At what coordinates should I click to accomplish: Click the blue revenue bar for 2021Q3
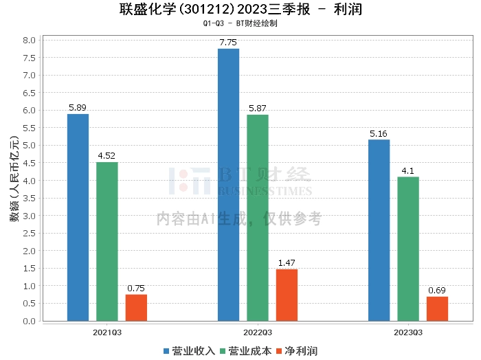point(78,217)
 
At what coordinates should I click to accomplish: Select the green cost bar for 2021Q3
point(107,241)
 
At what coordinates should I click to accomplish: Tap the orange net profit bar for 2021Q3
point(136,308)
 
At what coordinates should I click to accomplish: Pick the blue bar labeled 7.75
point(228,185)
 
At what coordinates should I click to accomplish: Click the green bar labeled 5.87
point(258,218)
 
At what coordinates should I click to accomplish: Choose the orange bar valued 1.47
point(287,295)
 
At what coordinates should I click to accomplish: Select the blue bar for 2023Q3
point(379,230)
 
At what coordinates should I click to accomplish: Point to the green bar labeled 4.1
point(408,249)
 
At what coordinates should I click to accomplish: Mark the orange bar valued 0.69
point(437,308)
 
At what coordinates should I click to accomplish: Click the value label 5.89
point(78,108)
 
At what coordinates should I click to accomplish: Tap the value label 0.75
point(136,289)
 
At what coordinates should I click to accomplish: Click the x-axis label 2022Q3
point(258,332)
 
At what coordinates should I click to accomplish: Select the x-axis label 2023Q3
point(408,332)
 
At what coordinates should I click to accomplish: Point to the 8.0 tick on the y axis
point(30,40)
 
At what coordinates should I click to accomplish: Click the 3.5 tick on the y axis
point(30,198)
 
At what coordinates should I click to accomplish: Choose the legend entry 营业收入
point(189,351)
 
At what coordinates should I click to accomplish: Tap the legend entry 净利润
point(297,351)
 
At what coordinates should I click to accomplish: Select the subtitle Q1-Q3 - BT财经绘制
point(240,23)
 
